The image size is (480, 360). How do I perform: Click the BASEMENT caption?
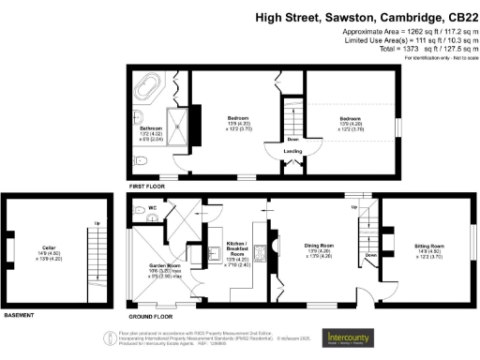(x=21, y=315)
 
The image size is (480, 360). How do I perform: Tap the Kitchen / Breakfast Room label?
(x=237, y=247)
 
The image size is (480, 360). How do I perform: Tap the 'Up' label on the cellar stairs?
(x=97, y=223)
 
